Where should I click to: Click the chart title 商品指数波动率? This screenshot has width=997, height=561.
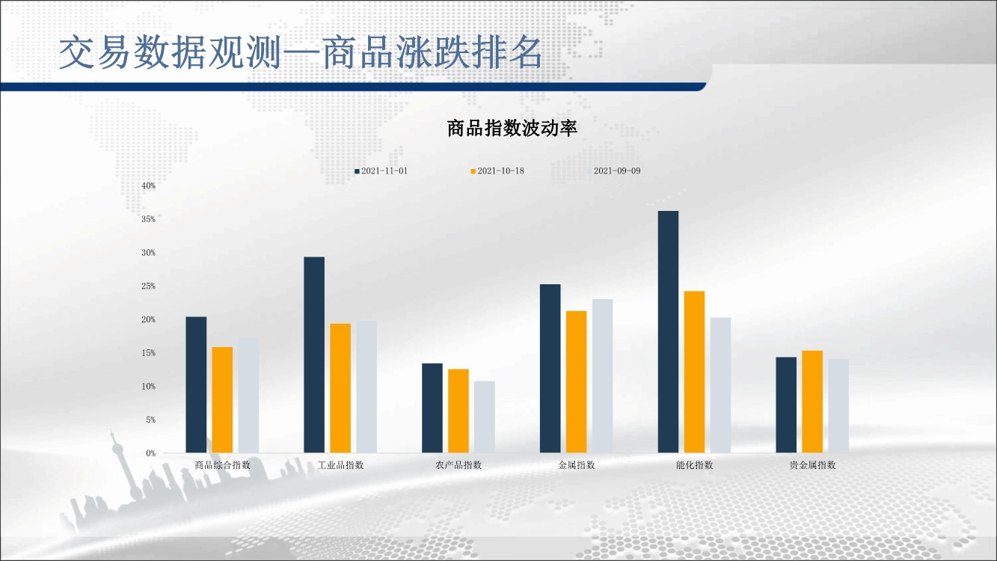(x=512, y=128)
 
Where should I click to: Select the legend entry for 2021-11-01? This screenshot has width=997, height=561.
(x=381, y=171)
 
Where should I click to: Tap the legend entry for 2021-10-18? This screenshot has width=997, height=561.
(x=497, y=171)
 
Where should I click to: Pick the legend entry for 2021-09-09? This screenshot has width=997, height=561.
(x=614, y=171)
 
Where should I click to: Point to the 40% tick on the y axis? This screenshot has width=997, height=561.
(x=149, y=186)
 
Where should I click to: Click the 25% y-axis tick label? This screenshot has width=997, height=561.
(x=149, y=286)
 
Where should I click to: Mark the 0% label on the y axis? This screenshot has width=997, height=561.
(x=151, y=453)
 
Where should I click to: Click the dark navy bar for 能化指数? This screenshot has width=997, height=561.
(x=668, y=331)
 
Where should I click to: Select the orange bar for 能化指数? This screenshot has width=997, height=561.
(x=694, y=372)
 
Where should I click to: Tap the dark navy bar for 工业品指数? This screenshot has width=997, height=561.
(x=314, y=355)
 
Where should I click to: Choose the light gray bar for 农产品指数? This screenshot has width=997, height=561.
(x=484, y=417)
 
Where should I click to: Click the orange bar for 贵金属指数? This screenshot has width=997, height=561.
(x=812, y=402)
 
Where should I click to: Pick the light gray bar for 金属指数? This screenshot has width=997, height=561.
(x=602, y=375)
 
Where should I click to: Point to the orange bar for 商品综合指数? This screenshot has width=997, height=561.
(x=222, y=400)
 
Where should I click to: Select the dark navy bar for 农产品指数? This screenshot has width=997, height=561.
(x=432, y=408)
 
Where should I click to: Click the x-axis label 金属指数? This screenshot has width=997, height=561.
(x=577, y=465)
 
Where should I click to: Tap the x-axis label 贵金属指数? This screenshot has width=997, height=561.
(x=812, y=465)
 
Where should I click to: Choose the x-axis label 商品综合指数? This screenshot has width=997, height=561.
(x=222, y=465)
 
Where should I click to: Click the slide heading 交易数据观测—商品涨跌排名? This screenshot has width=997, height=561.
(x=301, y=52)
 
